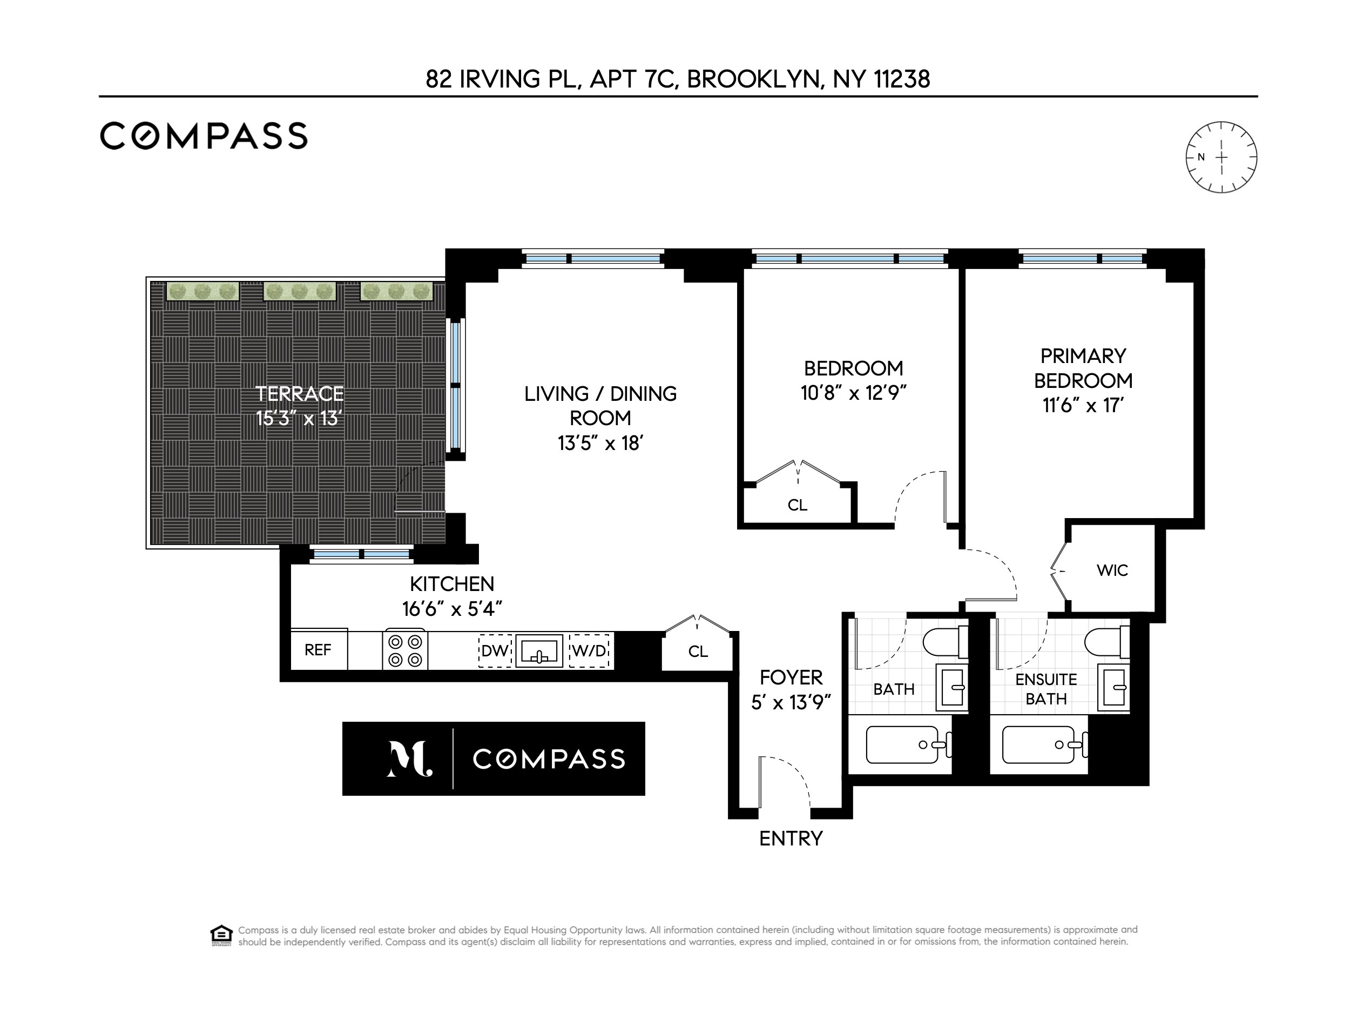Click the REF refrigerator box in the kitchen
(x=318, y=650)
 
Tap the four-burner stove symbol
(x=405, y=651)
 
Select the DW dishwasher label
(x=495, y=651)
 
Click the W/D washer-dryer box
(x=590, y=651)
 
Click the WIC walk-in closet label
(x=1112, y=570)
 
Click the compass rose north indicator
(x=1200, y=157)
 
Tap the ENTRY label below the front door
(x=791, y=839)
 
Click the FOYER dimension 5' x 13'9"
(x=791, y=703)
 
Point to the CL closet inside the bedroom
(x=798, y=505)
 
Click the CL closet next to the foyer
(x=698, y=652)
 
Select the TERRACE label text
(x=300, y=394)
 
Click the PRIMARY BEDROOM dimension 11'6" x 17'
(x=1083, y=406)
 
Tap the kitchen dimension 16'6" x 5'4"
(x=452, y=609)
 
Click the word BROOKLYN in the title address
(x=755, y=79)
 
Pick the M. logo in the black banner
(x=408, y=759)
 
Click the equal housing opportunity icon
(x=221, y=935)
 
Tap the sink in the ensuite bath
(x=1115, y=688)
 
